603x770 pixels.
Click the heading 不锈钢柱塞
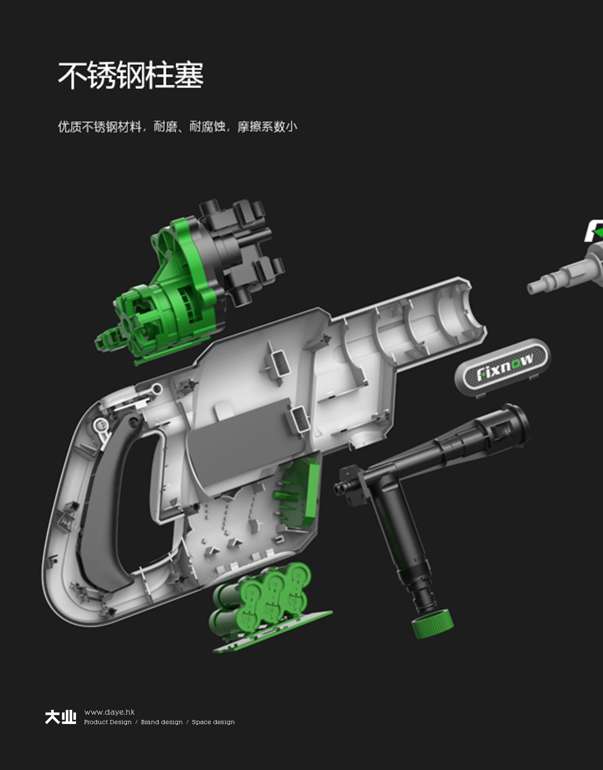[x=131, y=75]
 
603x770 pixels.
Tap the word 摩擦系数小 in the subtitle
[x=267, y=126]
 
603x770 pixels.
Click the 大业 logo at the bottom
[x=61, y=717]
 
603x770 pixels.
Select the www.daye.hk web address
[x=109, y=712]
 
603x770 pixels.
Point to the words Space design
[x=213, y=722]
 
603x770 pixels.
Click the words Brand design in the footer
[x=162, y=722]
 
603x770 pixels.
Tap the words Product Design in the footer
[x=108, y=722]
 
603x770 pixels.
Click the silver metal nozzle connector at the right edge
[x=565, y=275]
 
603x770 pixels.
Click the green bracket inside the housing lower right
[x=300, y=494]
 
